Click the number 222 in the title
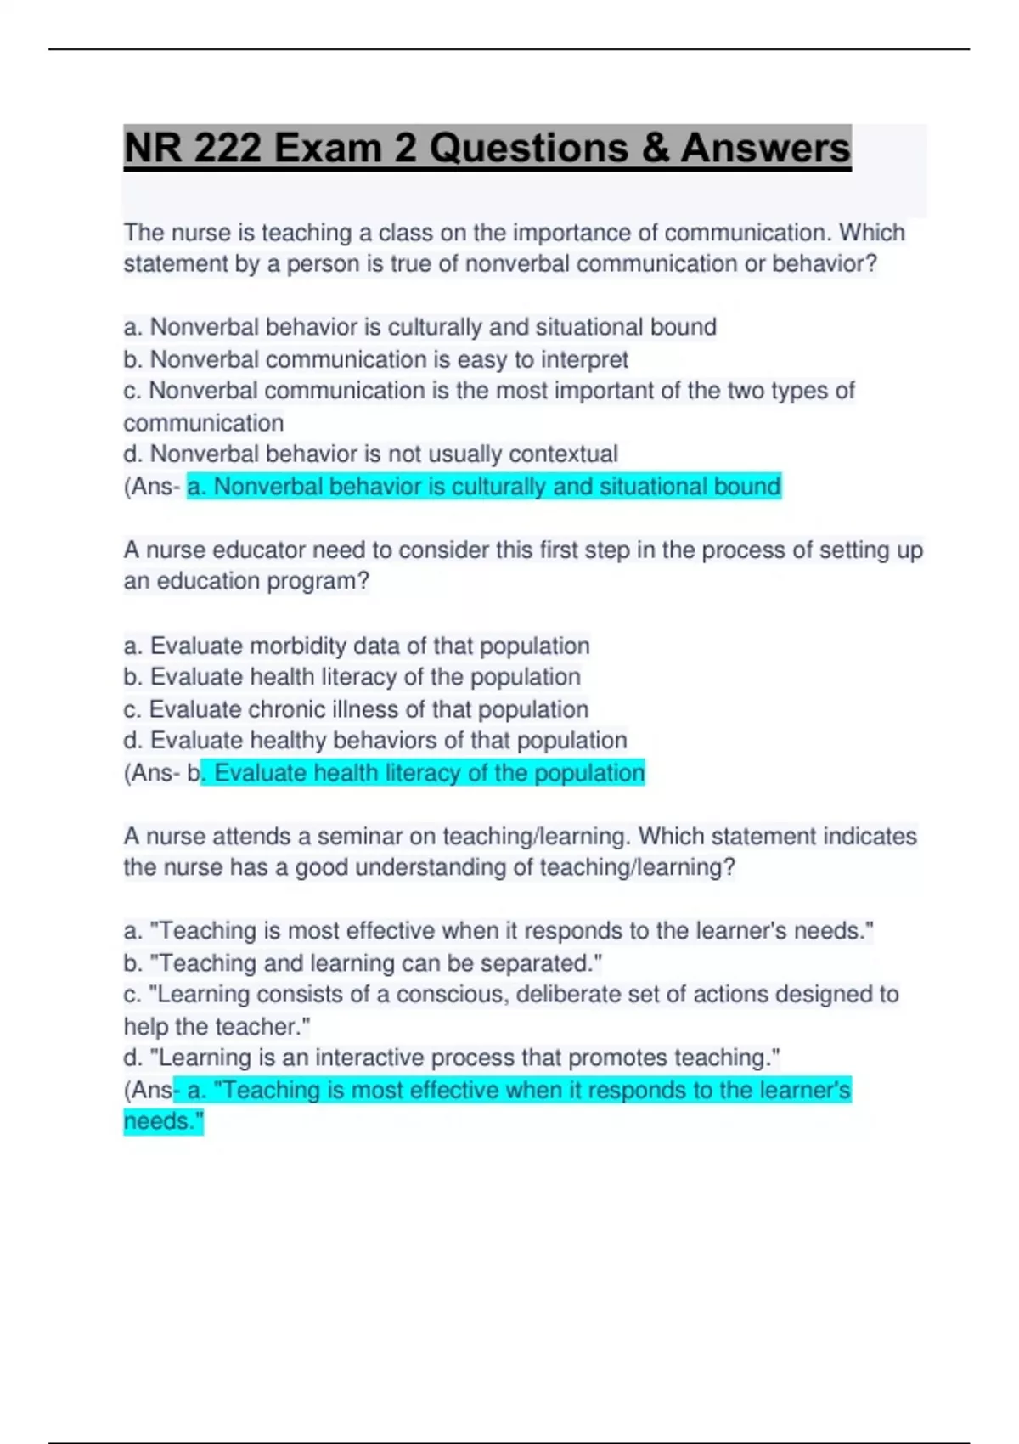tap(227, 148)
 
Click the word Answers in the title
tap(764, 148)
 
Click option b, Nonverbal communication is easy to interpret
tap(375, 359)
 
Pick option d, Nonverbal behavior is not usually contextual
tap(370, 454)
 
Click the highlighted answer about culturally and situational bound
tap(483, 487)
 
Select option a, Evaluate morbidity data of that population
tap(356, 646)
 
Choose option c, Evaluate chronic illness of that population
tap(355, 709)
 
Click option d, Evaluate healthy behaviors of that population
tap(374, 741)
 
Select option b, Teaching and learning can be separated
tap(363, 963)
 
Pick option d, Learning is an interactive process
tap(451, 1058)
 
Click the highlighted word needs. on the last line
tap(164, 1121)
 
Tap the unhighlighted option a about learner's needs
tap(498, 932)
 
